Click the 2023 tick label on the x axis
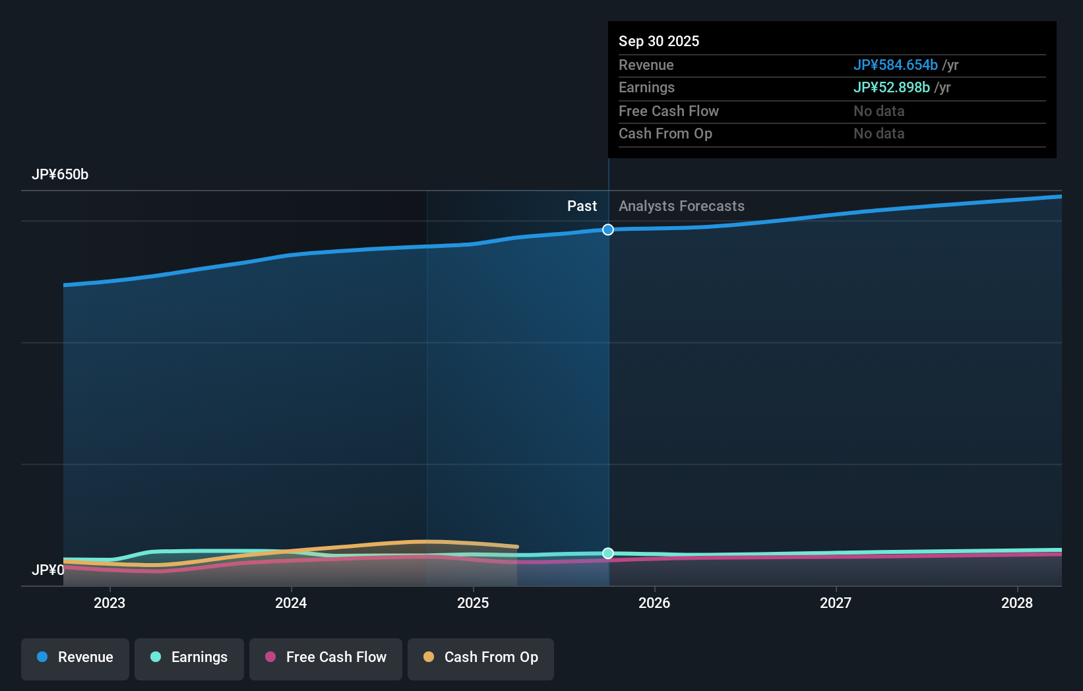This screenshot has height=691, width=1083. (109, 603)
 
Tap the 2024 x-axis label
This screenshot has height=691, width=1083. (291, 603)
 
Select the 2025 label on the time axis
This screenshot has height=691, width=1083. (473, 603)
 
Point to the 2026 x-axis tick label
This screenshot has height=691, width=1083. (654, 603)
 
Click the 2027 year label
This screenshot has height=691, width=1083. (836, 603)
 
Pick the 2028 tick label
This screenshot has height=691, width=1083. (1017, 603)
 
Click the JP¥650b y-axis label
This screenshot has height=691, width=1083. (60, 175)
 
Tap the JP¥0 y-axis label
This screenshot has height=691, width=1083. (48, 570)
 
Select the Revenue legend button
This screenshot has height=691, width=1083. (75, 657)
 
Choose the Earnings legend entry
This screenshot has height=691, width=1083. (189, 657)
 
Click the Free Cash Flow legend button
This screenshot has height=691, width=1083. (326, 657)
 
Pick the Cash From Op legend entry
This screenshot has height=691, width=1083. (481, 657)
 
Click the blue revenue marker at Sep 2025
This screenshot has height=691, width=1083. (608, 229)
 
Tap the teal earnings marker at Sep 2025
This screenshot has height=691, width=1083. (608, 553)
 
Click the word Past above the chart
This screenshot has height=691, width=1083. (582, 206)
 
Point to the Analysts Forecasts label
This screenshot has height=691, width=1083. (681, 206)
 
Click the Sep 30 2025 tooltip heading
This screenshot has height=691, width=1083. (659, 42)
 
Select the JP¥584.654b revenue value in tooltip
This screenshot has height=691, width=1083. (895, 65)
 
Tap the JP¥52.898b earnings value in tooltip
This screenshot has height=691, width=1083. (891, 88)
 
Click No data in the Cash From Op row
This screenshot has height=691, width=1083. (879, 134)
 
